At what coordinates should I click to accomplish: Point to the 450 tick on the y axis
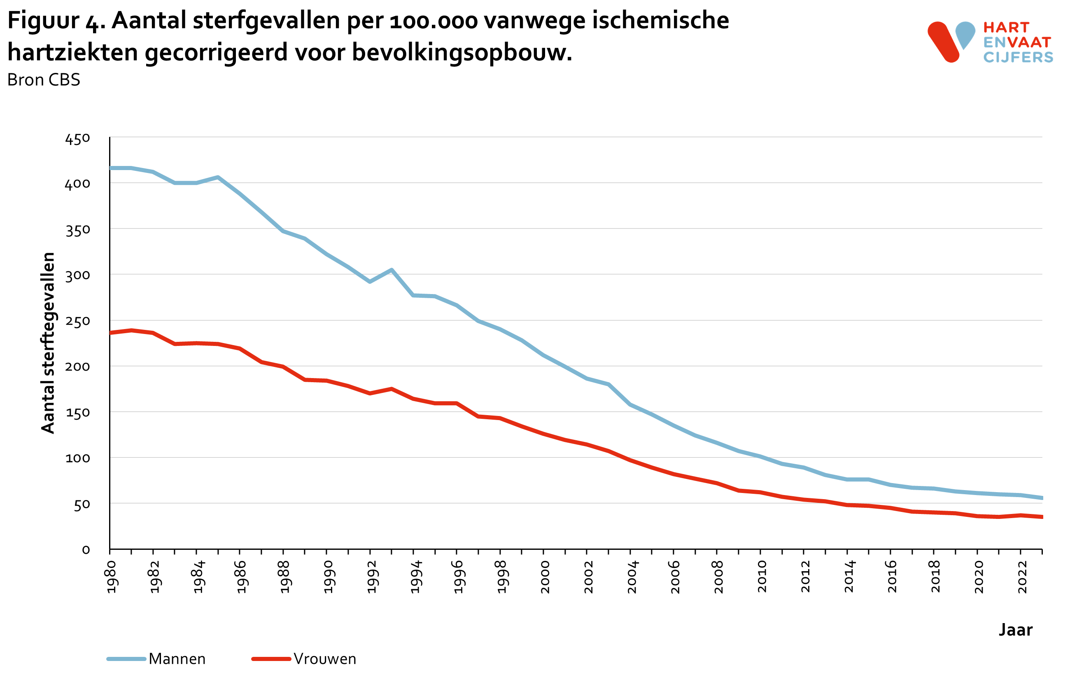click(x=77, y=139)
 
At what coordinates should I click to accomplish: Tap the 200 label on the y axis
click(x=77, y=367)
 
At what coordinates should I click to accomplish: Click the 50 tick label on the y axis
click(x=82, y=505)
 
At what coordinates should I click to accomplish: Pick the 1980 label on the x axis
click(x=111, y=577)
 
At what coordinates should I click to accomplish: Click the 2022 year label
click(x=1022, y=577)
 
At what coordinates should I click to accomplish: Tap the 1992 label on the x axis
click(x=371, y=577)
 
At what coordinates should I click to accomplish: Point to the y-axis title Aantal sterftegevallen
click(x=48, y=343)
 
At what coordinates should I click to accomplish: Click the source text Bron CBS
click(x=44, y=80)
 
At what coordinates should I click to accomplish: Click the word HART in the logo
click(x=1006, y=28)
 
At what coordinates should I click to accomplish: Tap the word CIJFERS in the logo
click(x=1018, y=57)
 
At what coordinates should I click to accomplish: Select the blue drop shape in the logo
click(x=965, y=34)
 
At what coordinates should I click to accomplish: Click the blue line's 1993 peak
click(x=392, y=270)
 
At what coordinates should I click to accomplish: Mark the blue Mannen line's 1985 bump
click(x=218, y=177)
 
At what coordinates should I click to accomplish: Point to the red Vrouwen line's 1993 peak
click(x=392, y=389)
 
